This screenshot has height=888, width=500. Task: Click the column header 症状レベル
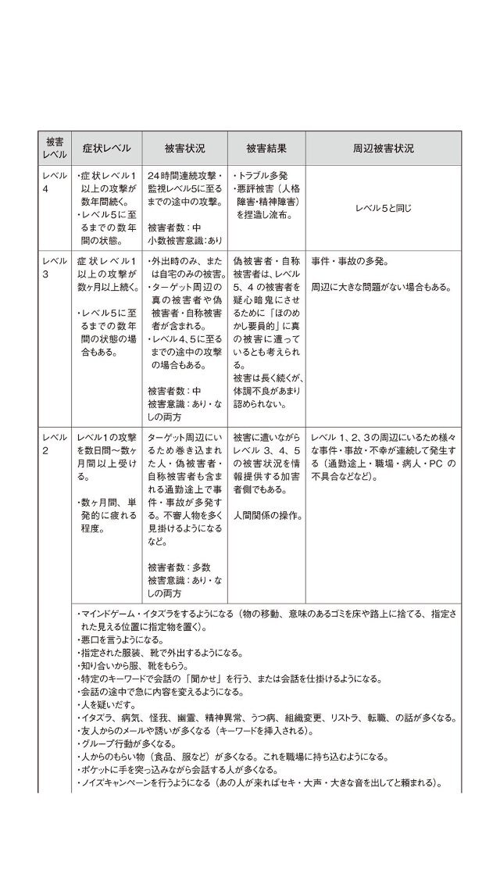(x=106, y=148)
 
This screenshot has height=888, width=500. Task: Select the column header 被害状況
(x=184, y=148)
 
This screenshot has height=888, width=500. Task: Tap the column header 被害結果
(x=266, y=148)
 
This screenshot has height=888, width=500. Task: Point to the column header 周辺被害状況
(x=383, y=148)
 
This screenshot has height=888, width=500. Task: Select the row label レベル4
(x=54, y=183)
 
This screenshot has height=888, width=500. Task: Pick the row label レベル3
(x=54, y=267)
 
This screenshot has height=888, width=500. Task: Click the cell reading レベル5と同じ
(x=383, y=208)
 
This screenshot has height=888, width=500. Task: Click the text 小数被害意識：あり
(x=184, y=240)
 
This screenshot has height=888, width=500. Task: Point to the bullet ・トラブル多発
(x=257, y=177)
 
